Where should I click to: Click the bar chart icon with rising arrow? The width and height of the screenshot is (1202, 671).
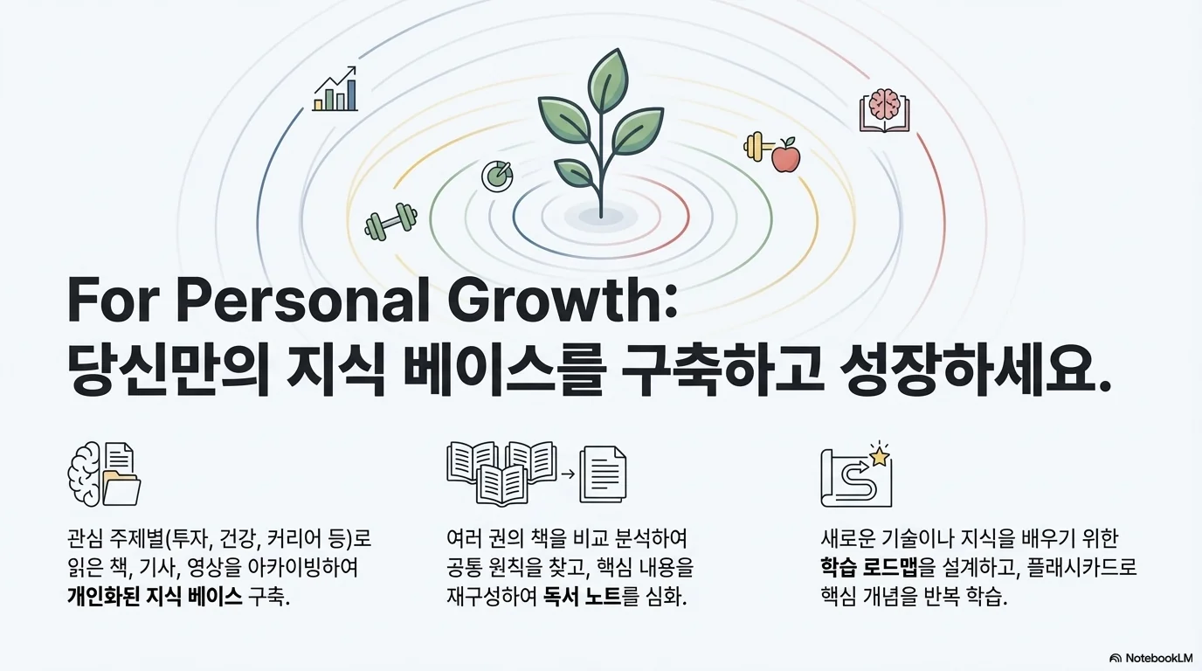tap(335, 89)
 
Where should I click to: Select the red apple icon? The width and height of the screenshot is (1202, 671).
tap(786, 155)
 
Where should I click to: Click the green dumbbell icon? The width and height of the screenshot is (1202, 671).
tap(390, 221)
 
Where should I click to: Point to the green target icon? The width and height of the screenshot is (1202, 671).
tap(497, 175)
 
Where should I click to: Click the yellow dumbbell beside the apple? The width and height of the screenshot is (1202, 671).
tap(754, 146)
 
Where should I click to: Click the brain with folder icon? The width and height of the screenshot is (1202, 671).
tap(104, 474)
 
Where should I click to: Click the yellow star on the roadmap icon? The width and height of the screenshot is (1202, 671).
tap(879, 454)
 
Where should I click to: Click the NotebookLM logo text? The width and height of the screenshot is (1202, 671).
tap(1153, 658)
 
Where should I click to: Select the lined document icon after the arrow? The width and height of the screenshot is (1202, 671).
tap(604, 474)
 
